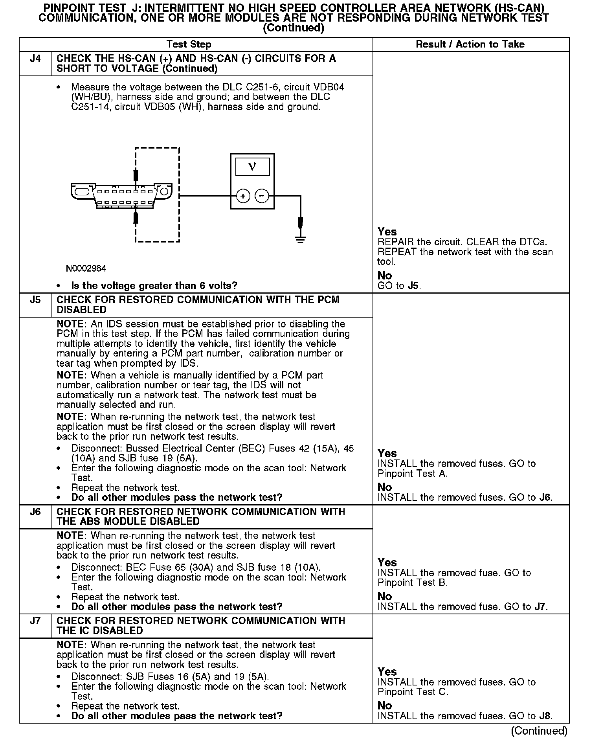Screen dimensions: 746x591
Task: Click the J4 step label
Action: click(x=35, y=59)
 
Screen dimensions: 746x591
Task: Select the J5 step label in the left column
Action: click(x=35, y=300)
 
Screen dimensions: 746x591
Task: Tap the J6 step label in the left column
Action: click(x=35, y=512)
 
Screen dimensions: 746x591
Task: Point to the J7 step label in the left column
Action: click(x=35, y=621)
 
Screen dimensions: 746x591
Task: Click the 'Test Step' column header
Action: click(x=189, y=44)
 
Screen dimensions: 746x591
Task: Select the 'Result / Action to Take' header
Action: click(x=470, y=44)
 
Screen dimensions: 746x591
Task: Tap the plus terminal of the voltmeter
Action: click(x=243, y=196)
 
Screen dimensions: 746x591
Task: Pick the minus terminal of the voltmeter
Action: click(x=262, y=196)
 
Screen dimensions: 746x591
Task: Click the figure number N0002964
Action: click(x=86, y=268)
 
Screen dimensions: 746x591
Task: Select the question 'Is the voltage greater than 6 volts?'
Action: click(x=154, y=286)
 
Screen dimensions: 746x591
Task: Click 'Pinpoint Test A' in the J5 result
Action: click(x=413, y=474)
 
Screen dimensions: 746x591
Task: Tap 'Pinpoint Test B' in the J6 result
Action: click(x=413, y=583)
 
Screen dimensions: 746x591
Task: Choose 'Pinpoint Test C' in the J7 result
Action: click(x=413, y=692)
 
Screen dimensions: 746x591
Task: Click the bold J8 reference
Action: click(x=545, y=716)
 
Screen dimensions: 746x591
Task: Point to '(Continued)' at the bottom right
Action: click(x=539, y=731)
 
